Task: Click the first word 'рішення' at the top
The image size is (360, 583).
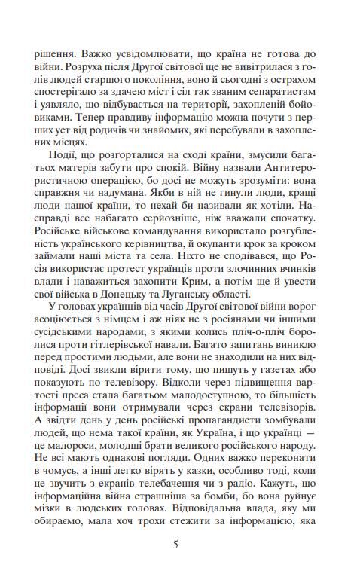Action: click(54, 56)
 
